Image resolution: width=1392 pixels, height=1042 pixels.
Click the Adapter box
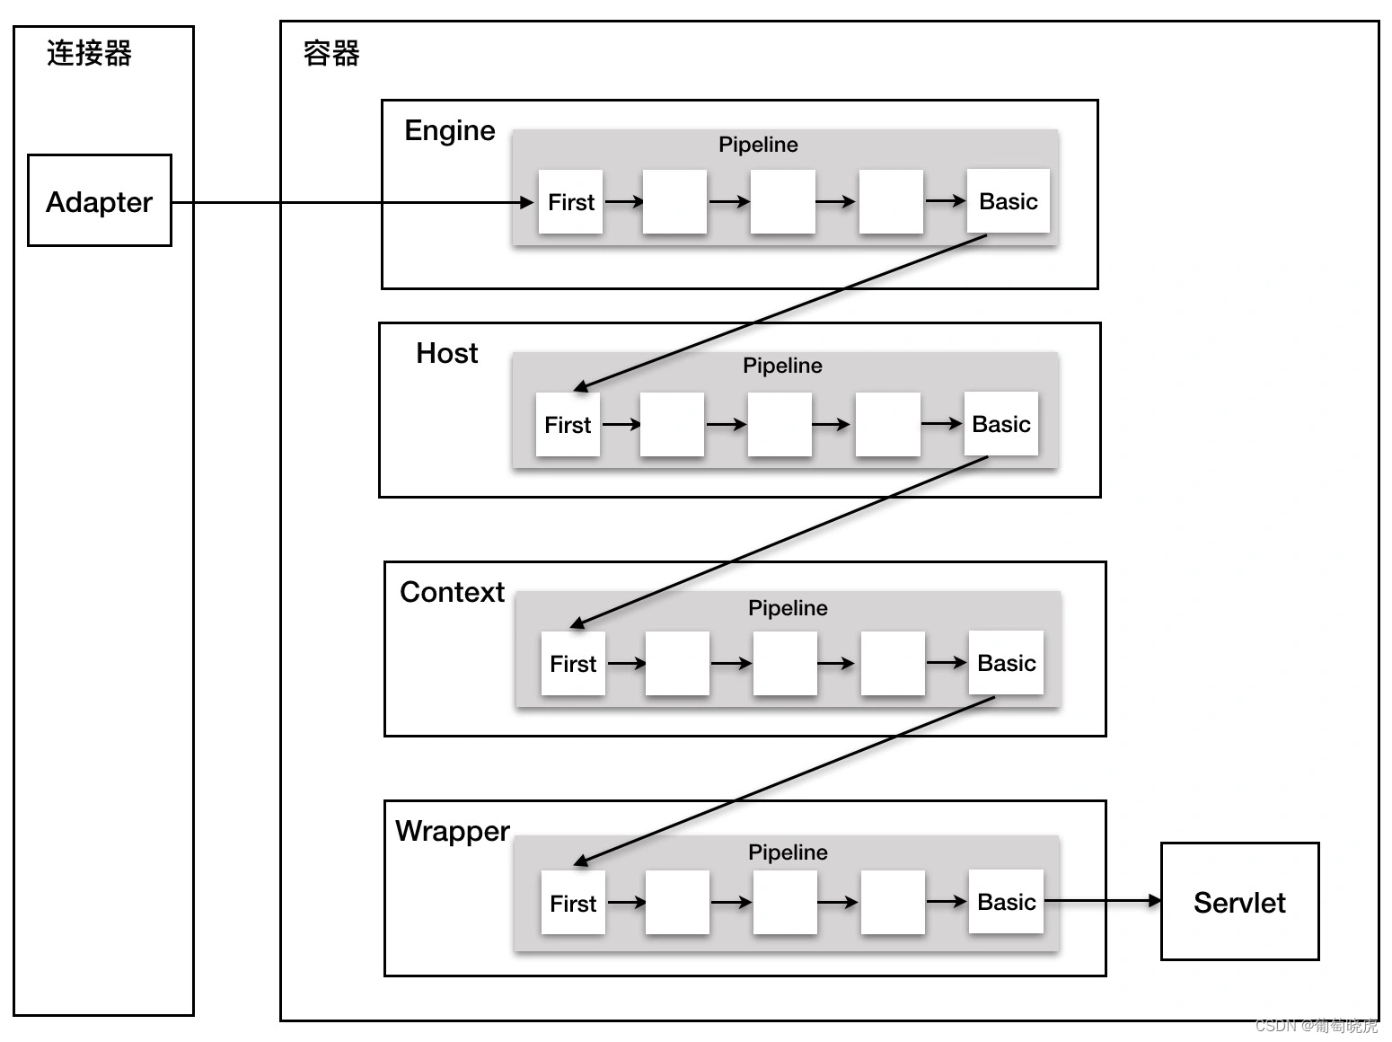[99, 200]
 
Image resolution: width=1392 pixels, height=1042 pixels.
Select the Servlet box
[1239, 901]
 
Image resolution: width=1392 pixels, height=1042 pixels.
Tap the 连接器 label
[89, 53]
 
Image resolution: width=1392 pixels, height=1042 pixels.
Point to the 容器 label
[331, 53]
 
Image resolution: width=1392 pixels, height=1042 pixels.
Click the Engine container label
[449, 130]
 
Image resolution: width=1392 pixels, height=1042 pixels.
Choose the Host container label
[446, 353]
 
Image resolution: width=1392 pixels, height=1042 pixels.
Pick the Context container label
[452, 592]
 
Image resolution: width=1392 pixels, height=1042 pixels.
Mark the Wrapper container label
[452, 831]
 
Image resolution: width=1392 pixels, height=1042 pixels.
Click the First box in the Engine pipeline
[570, 202]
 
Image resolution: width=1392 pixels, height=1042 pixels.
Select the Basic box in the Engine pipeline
[1008, 201]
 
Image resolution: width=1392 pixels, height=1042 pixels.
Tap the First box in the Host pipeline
[567, 424]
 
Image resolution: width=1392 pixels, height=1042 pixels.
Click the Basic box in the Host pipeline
[1000, 424]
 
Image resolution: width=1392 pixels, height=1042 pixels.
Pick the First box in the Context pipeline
[572, 663]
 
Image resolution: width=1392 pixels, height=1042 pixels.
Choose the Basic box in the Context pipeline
[1006, 663]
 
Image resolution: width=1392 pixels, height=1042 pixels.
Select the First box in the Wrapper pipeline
[572, 903]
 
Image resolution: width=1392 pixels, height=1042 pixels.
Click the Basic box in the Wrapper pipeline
[1006, 902]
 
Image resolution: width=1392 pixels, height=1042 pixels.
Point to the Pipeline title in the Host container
[782, 366]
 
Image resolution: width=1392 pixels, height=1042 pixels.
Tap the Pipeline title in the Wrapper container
[788, 852]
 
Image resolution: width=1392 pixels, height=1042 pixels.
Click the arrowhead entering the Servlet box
[1154, 900]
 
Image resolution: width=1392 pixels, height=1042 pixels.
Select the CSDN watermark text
[1316, 1026]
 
